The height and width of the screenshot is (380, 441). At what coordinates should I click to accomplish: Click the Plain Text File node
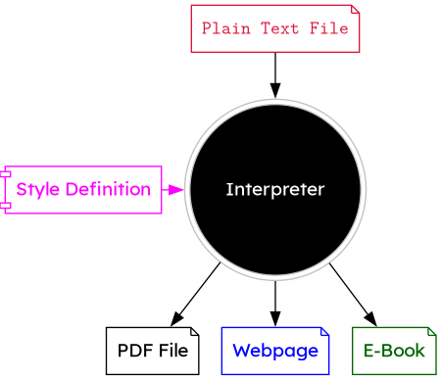(x=274, y=28)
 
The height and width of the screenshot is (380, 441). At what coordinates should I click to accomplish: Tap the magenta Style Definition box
(x=83, y=189)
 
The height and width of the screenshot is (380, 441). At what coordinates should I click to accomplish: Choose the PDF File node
(x=152, y=351)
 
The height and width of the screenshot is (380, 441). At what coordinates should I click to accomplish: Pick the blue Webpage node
(x=275, y=351)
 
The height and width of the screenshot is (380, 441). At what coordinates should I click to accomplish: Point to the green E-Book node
(x=394, y=351)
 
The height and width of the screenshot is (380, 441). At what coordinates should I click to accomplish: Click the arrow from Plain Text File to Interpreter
(x=275, y=74)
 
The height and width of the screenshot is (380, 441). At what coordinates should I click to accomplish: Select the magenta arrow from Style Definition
(x=172, y=189)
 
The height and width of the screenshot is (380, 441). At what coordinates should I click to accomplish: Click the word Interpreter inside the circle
(x=274, y=189)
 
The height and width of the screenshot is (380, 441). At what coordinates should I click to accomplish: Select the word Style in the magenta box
(x=37, y=189)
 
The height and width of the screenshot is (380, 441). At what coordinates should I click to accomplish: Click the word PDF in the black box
(x=134, y=351)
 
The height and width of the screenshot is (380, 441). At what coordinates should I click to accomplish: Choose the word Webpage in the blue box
(x=275, y=351)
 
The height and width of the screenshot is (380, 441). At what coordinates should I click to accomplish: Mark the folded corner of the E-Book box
(x=431, y=332)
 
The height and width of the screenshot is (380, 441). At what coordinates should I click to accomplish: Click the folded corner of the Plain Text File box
(x=355, y=10)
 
